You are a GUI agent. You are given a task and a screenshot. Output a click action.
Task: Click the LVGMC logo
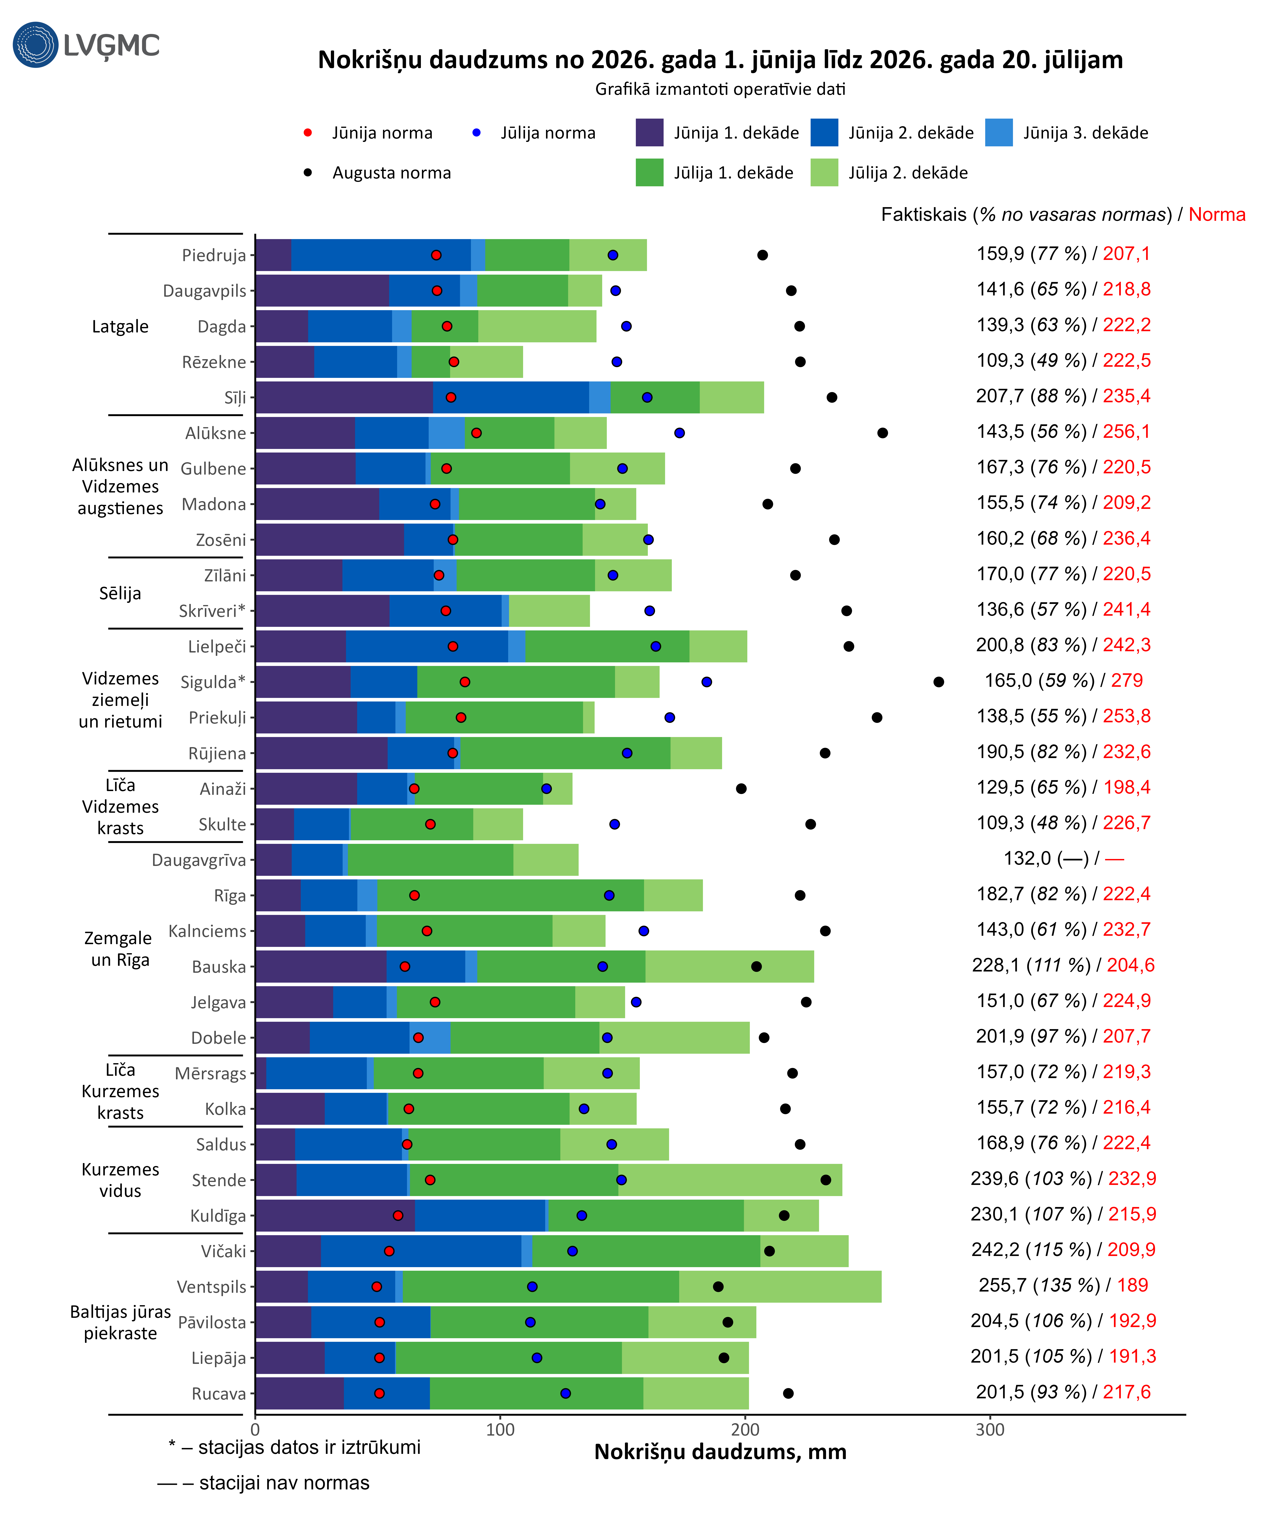click(x=86, y=45)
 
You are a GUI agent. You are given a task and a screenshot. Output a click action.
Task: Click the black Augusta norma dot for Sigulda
click(x=938, y=682)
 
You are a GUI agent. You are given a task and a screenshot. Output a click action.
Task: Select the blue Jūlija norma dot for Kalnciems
click(x=643, y=931)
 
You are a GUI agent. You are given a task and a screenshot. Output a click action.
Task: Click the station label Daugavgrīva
click(x=199, y=860)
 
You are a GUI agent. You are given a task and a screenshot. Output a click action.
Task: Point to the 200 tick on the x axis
click(x=745, y=1430)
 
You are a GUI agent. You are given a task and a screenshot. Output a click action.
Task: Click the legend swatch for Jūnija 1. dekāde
click(x=649, y=133)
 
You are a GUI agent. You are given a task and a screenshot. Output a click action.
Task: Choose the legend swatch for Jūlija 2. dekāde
click(x=824, y=172)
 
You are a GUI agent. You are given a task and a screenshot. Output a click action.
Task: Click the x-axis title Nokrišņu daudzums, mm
click(x=720, y=1452)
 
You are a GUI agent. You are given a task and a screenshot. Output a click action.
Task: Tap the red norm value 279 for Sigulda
click(x=1126, y=681)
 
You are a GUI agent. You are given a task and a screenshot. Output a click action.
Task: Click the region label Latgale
click(x=121, y=327)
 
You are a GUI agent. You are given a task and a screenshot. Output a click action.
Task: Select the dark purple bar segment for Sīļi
click(x=344, y=397)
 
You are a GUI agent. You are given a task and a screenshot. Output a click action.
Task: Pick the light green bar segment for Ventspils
click(x=780, y=1287)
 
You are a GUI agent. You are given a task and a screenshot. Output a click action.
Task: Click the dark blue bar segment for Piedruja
click(x=381, y=255)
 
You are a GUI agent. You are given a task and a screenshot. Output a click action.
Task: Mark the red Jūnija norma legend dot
click(x=308, y=133)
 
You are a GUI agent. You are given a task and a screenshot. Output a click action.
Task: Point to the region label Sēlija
click(x=121, y=593)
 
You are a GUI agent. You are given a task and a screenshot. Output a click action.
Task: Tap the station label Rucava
click(x=219, y=1394)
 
